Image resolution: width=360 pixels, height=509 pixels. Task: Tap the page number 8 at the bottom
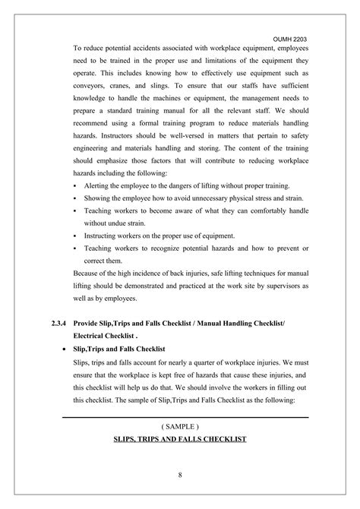tap(180, 476)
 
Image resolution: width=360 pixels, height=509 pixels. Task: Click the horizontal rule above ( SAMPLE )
tap(185, 416)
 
